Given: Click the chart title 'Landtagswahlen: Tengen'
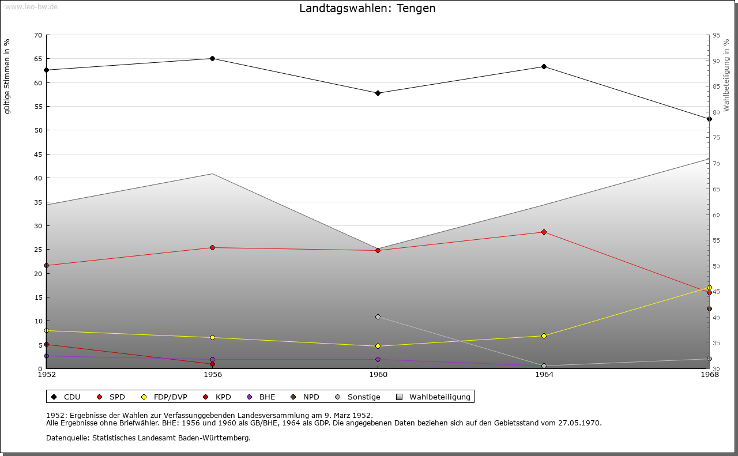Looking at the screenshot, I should pyautogui.click(x=367, y=9).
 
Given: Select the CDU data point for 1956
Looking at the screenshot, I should pyautogui.click(x=213, y=58).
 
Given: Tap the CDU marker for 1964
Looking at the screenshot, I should pyautogui.click(x=544, y=66).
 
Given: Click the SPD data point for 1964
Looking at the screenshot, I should pyautogui.click(x=544, y=232).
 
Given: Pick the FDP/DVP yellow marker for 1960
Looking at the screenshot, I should pyautogui.click(x=378, y=346).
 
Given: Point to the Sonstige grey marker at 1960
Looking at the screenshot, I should pyautogui.click(x=378, y=316).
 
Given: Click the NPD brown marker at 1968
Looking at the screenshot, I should pyautogui.click(x=709, y=308).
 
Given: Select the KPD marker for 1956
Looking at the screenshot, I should pyautogui.click(x=213, y=364).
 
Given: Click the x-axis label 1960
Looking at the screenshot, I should pyautogui.click(x=378, y=375).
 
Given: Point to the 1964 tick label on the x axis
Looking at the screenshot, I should pyautogui.click(x=544, y=375).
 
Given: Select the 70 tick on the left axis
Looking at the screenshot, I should pyautogui.click(x=38, y=35).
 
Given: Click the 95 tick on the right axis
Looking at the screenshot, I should pyautogui.click(x=716, y=35).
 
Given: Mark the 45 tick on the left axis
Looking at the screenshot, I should pyautogui.click(x=38, y=154).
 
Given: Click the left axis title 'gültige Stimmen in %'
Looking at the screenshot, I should pyautogui.click(x=7, y=76).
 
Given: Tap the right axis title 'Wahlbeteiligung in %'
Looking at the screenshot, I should pyautogui.click(x=726, y=75).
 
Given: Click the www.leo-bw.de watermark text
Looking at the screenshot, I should pyautogui.click(x=31, y=6).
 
